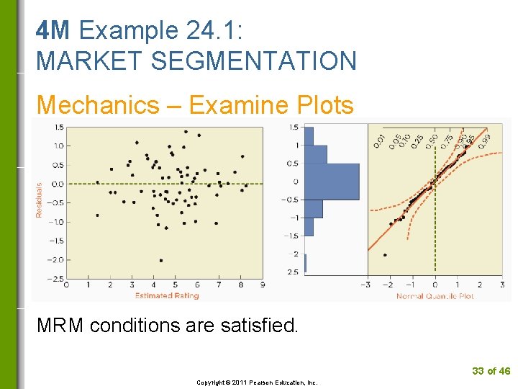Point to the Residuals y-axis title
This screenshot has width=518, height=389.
coord(40,199)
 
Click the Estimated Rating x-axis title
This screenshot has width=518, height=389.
coord(167,295)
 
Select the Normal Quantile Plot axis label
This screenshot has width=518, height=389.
coord(435,295)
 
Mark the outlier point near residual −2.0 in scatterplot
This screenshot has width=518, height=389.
coord(160,260)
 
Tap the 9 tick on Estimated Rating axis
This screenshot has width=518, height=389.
coord(263,285)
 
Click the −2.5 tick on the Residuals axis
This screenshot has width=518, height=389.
coord(55,278)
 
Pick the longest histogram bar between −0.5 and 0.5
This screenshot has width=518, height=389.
coord(332,182)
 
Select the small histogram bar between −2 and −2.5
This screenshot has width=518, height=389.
coord(305,263)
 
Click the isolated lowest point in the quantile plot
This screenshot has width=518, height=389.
coord(385,255)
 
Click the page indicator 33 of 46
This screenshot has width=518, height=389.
coord(491,371)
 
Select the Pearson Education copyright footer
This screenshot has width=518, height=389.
coord(257,383)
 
